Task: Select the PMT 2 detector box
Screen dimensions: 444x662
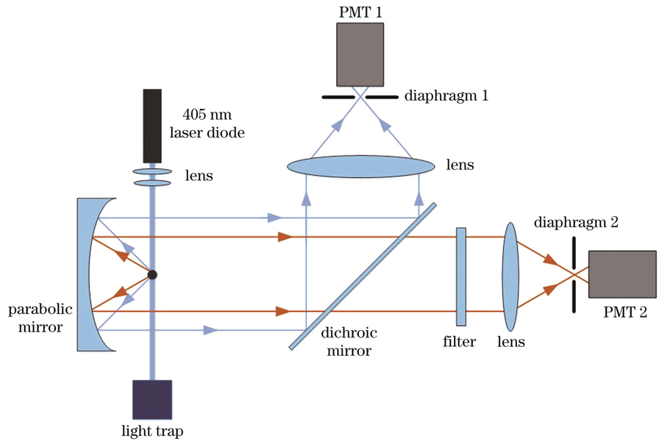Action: tap(622, 274)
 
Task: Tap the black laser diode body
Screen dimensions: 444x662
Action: tap(152, 125)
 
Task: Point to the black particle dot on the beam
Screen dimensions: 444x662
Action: tap(152, 275)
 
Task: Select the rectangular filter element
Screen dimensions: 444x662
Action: tap(461, 276)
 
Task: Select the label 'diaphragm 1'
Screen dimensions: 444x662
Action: tap(446, 96)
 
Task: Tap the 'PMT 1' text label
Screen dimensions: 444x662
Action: tap(358, 10)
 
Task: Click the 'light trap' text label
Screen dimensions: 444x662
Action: tap(152, 431)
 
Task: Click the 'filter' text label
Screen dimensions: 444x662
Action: tap(460, 342)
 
